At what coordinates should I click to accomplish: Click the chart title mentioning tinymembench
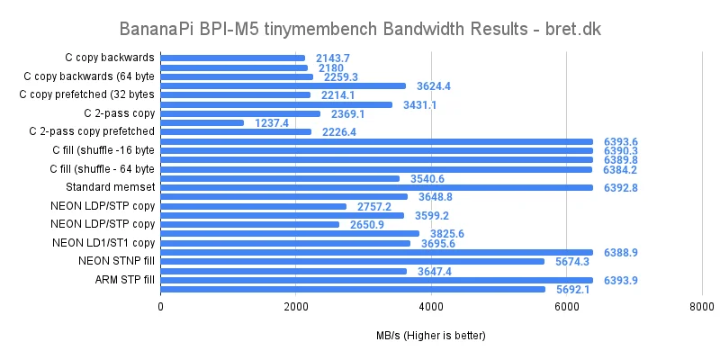[360, 29]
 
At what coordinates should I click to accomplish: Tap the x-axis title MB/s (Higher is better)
[431, 336]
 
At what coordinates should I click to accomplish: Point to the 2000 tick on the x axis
[296, 307]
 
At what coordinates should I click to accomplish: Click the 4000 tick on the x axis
[431, 307]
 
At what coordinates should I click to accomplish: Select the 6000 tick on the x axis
[566, 307]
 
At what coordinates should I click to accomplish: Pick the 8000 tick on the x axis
[701, 307]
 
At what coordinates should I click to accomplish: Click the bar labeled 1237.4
[202, 122]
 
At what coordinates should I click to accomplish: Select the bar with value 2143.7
[233, 58]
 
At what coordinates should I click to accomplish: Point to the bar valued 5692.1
[353, 289]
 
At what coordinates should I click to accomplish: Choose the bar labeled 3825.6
[290, 234]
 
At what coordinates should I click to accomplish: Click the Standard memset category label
[111, 187]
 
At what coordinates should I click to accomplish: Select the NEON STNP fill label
[116, 261]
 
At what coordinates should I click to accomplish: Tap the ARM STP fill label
[124, 280]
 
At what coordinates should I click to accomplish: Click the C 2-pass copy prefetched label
[92, 131]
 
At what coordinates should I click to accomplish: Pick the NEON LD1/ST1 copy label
[103, 243]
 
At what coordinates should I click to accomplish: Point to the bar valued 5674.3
[353, 261]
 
